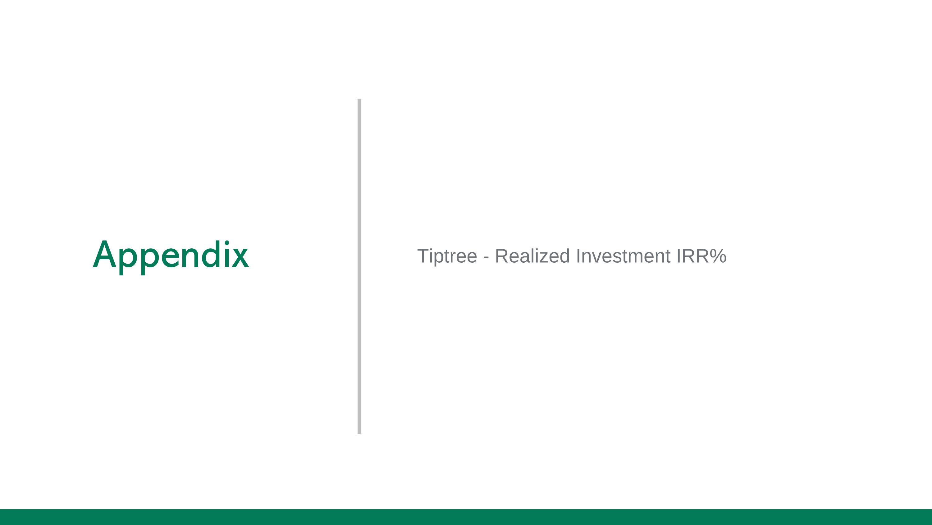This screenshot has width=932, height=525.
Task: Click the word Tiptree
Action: click(447, 256)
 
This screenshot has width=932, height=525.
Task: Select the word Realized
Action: click(532, 256)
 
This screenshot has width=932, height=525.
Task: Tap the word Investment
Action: click(623, 256)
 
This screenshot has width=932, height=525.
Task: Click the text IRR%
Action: click(701, 256)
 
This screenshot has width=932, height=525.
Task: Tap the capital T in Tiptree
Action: click(423, 256)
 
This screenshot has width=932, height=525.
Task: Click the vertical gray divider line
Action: click(359, 266)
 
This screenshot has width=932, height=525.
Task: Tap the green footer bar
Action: click(466, 517)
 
